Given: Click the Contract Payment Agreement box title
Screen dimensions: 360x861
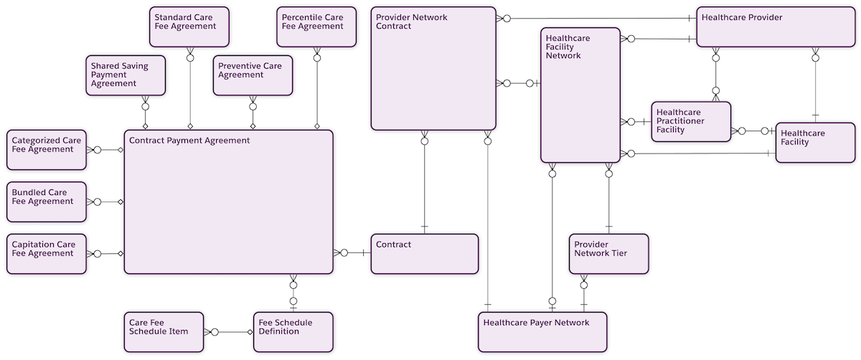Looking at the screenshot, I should coord(189,141).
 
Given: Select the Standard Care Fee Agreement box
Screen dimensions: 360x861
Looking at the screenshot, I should coord(190,27).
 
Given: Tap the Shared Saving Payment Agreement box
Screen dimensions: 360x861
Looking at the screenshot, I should coord(126,75).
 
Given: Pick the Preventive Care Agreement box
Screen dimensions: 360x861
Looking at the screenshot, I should coord(253,75).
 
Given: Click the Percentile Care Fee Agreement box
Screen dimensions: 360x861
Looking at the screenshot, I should coord(316,27).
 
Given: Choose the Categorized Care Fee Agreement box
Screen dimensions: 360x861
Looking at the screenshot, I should coord(47,150).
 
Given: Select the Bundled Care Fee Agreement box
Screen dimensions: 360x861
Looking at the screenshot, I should coord(47,202).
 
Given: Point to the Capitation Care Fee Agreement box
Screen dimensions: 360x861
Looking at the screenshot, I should coord(47,253).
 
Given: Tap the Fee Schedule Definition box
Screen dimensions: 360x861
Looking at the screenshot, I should coord(293,332).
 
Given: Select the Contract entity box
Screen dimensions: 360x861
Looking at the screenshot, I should coord(425,253).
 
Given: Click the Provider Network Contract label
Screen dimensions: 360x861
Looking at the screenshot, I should coord(412,22).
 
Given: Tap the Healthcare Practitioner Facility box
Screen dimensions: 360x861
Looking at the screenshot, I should coord(691,121).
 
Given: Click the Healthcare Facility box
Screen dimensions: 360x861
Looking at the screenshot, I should coord(815,142).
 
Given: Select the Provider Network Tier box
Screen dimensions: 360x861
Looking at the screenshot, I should coord(608,253).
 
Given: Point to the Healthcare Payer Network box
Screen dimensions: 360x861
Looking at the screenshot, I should coord(542,332).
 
